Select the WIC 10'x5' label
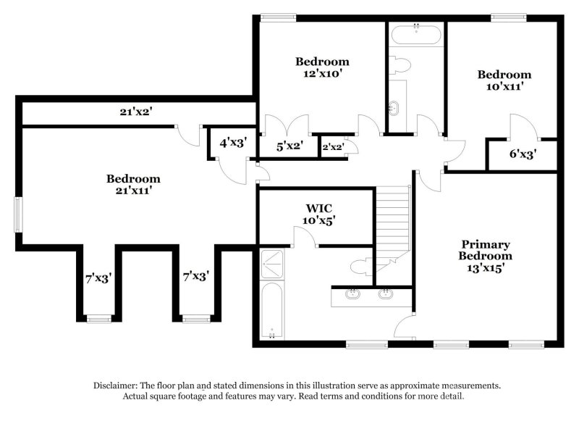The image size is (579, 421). click(x=319, y=220)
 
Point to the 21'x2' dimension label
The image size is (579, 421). click(x=135, y=112)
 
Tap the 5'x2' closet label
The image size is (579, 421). click(x=289, y=146)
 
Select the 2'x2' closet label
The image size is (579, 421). click(x=332, y=147)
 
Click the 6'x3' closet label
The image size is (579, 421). click(x=523, y=154)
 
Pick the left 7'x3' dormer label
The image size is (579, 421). click(x=98, y=277)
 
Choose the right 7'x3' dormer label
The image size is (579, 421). click(x=195, y=276)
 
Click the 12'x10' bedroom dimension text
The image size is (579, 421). click(x=322, y=73)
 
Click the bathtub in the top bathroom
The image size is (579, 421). click(x=416, y=33)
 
